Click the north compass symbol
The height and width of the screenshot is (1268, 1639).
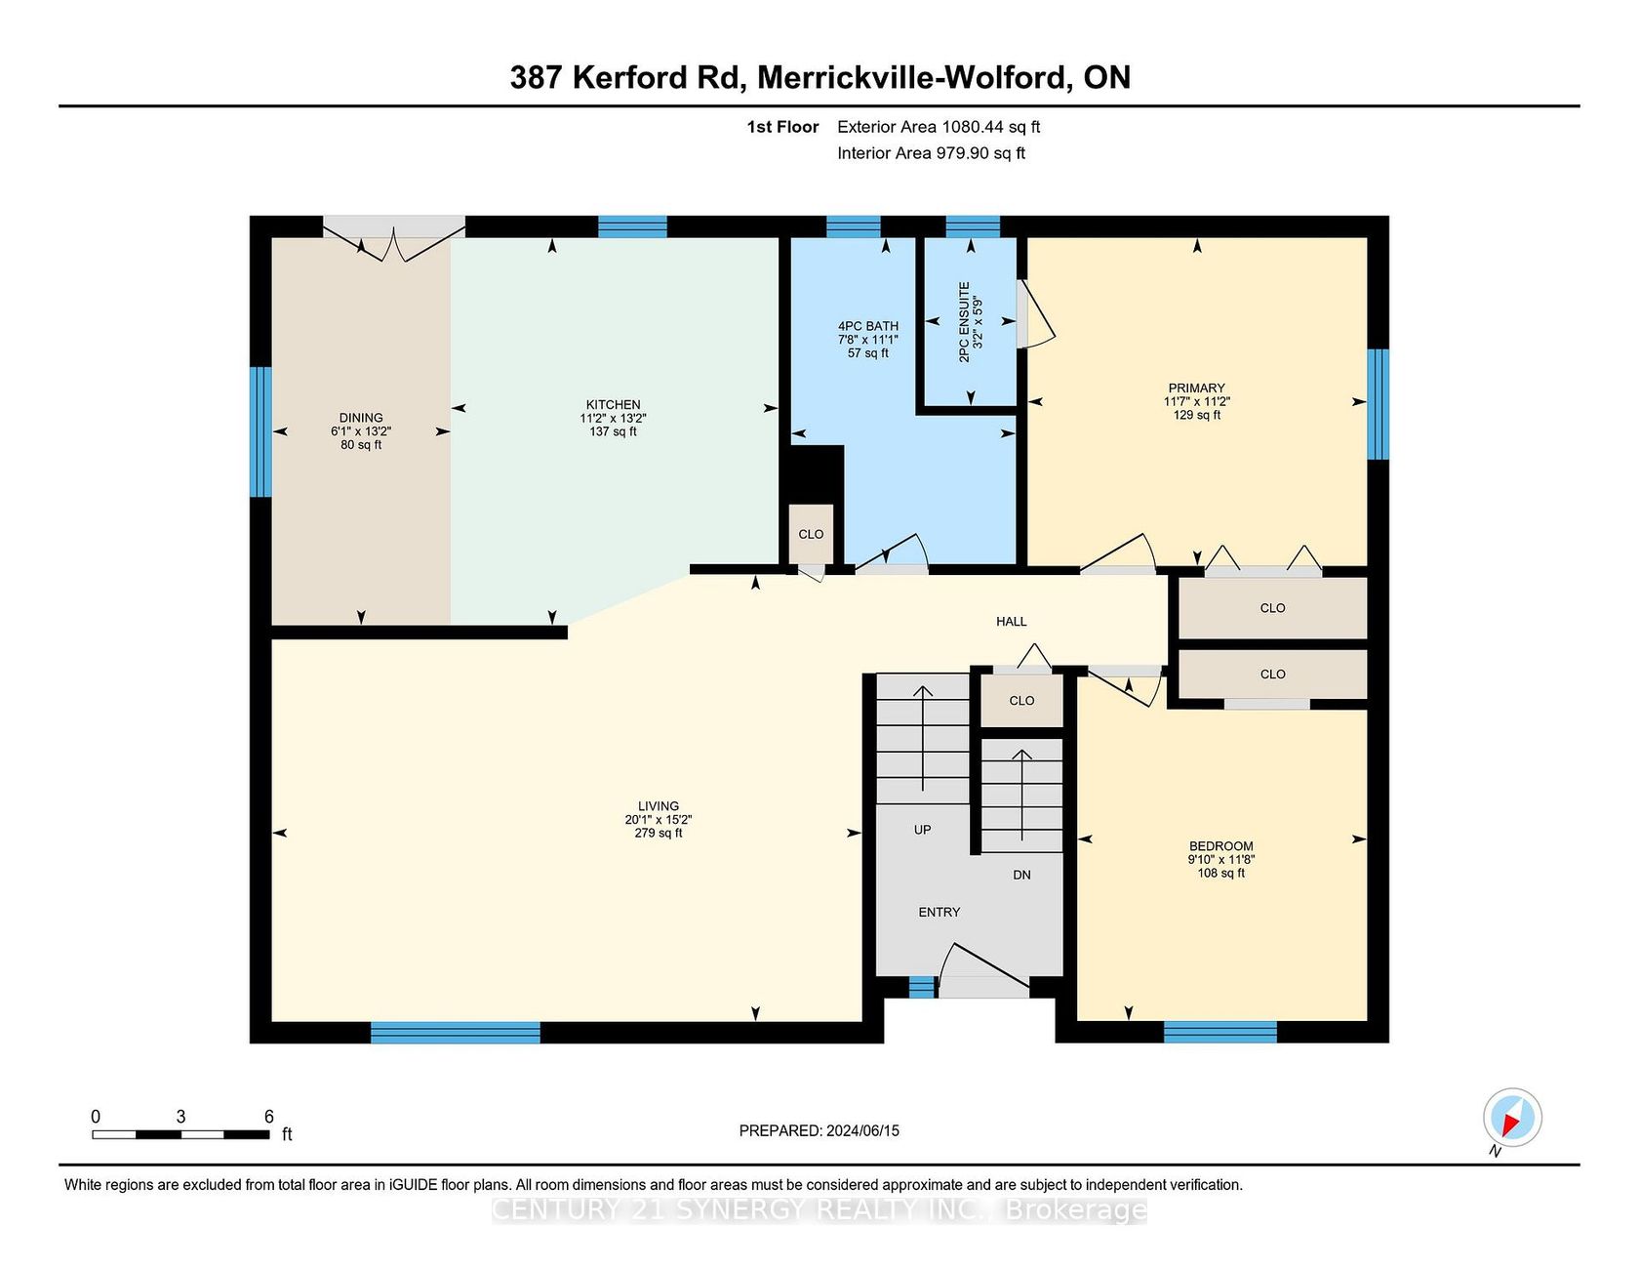coord(1512,1117)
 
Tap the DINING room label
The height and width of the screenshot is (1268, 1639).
coord(361,418)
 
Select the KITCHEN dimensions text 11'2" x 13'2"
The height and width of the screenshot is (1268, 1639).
coord(613,418)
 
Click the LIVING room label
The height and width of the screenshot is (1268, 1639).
coord(659,807)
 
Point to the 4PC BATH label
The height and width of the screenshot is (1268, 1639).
coord(868,326)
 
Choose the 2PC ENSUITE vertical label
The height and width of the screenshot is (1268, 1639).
coord(965,322)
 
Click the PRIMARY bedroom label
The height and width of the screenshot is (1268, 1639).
coord(1196,388)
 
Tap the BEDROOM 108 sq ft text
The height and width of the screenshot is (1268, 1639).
coord(1221,873)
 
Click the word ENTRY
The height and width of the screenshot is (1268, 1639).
coord(939,912)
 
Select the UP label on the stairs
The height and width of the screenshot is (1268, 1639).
coord(922,830)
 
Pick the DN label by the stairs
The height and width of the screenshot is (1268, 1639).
coord(1021,875)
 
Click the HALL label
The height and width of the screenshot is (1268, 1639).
coord(1012,621)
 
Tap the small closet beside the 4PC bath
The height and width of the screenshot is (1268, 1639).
coord(811,533)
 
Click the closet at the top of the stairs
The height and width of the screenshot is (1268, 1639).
coord(1021,700)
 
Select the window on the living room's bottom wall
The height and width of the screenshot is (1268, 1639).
coord(455,1033)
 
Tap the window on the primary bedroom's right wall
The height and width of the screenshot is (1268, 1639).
coord(1378,404)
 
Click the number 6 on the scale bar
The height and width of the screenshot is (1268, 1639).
coord(269,1117)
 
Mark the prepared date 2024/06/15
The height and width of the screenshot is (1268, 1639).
coord(862,1130)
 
